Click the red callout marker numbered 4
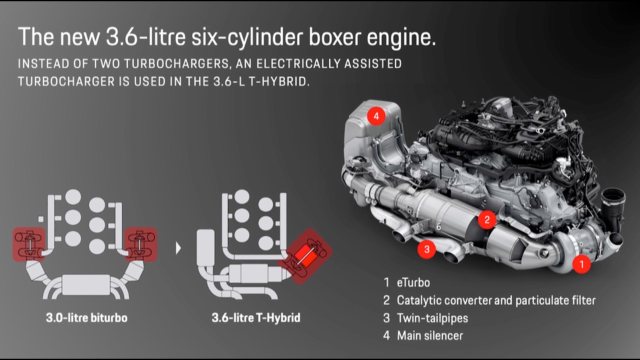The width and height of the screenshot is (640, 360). click(376, 116)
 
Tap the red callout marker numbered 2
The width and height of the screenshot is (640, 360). click(487, 219)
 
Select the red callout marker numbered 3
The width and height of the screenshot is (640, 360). click(426, 249)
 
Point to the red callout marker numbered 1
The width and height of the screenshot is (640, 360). click(581, 263)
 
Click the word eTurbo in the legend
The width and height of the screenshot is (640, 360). click(413, 282)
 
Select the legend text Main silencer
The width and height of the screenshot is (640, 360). click(429, 335)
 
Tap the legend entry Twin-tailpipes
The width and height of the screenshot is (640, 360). click(432, 317)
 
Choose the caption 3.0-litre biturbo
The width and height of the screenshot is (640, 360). click(86, 317)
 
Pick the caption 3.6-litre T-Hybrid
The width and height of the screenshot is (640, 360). click(255, 317)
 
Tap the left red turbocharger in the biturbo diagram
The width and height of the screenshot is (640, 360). click(29, 243)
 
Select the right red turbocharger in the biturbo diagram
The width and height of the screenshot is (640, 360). click(141, 243)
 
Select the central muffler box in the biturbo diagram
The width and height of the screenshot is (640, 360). click(86, 285)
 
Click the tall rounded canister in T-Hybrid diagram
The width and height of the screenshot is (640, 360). click(205, 248)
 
